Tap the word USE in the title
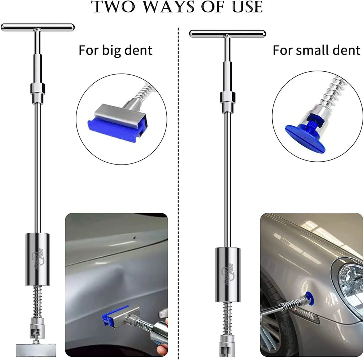click(x=248, y=7)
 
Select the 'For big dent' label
click(x=115, y=50)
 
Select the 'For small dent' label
click(x=316, y=50)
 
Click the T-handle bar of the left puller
click(x=37, y=27)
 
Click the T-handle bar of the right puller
click(x=227, y=33)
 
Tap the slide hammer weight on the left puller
click(x=37, y=259)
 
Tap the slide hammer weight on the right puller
click(x=227, y=274)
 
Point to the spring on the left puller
click(x=37, y=301)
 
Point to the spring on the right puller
click(x=227, y=318)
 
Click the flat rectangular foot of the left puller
click(x=36, y=350)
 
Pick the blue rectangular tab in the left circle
click(x=116, y=130)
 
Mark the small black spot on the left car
click(x=134, y=238)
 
